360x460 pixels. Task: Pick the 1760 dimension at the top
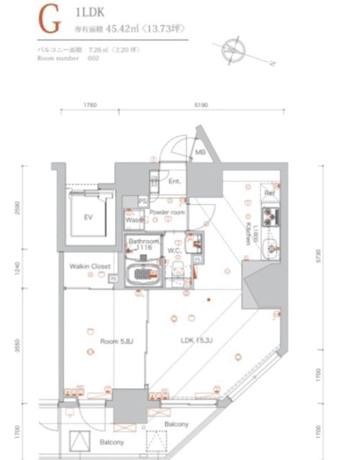coord(92,105)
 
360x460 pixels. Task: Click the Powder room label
coord(167,212)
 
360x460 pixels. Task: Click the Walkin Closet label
coord(89,266)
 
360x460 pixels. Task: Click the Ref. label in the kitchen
coord(270,193)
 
